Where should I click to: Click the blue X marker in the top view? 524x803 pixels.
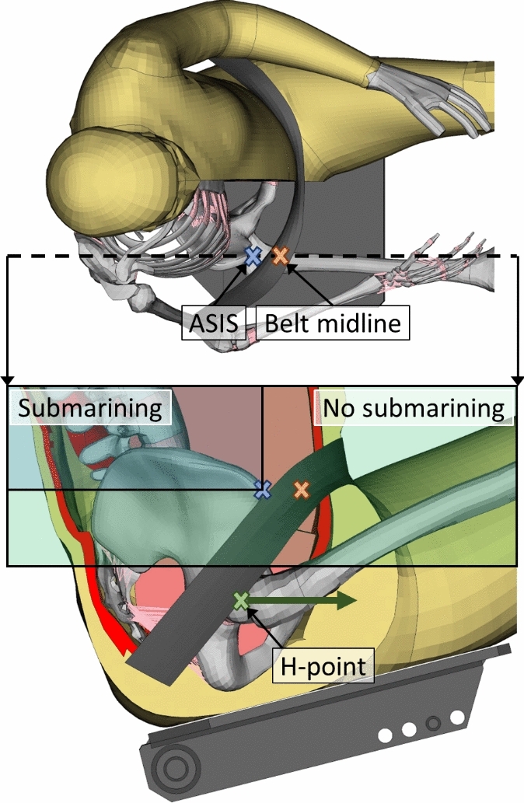(x=252, y=255)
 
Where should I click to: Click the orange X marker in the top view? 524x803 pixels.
(x=280, y=255)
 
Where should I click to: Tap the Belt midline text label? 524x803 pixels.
(x=332, y=323)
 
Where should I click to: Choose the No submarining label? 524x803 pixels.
(x=414, y=407)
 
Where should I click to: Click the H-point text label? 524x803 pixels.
(x=323, y=666)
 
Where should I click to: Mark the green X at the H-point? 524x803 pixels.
(x=241, y=600)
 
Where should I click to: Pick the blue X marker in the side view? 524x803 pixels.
(x=264, y=489)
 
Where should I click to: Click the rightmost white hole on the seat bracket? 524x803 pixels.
(x=457, y=716)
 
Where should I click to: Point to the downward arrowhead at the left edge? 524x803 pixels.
(x=7, y=380)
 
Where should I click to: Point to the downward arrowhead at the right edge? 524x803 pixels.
(x=518, y=380)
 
